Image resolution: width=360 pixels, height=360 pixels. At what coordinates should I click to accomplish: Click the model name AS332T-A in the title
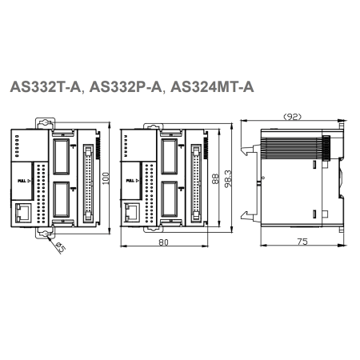[45, 87]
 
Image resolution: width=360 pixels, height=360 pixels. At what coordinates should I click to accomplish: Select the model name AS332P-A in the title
[126, 87]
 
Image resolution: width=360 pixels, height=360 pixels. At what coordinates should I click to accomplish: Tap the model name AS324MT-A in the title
[212, 87]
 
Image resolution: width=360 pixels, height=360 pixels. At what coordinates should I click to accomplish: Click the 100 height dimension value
[106, 178]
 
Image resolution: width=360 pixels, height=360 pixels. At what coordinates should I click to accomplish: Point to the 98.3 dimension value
[228, 178]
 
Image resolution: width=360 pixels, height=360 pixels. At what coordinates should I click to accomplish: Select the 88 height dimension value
[215, 178]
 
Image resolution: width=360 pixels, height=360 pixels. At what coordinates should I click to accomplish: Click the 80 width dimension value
[163, 242]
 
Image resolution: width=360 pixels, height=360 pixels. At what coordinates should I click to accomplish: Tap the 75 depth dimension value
[302, 242]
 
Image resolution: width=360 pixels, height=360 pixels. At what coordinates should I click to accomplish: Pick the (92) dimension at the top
[292, 117]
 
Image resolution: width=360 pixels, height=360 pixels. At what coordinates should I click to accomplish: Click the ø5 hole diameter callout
[61, 248]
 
